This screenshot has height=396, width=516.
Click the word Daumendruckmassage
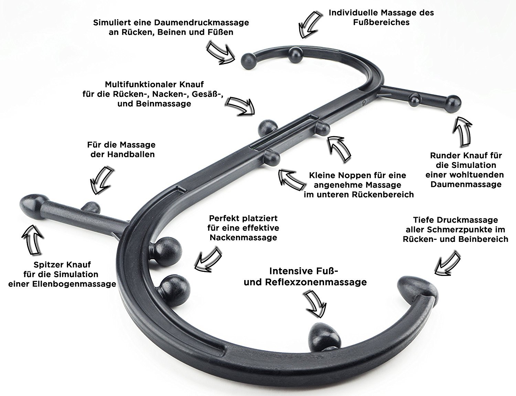pos(201,23)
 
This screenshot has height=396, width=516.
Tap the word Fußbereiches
pos(381,23)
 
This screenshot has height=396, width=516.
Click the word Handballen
pos(131,154)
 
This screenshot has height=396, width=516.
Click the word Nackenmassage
pos(244,237)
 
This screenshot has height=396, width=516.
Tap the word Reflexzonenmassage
pos(316,282)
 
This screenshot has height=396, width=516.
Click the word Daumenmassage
pos(466,184)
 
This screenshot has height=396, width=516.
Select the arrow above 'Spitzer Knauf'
pos(33,240)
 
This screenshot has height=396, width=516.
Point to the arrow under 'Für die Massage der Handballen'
pos(101,180)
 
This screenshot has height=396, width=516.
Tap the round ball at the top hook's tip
pos(248,61)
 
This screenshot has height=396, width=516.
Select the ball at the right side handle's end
pos(453,104)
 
